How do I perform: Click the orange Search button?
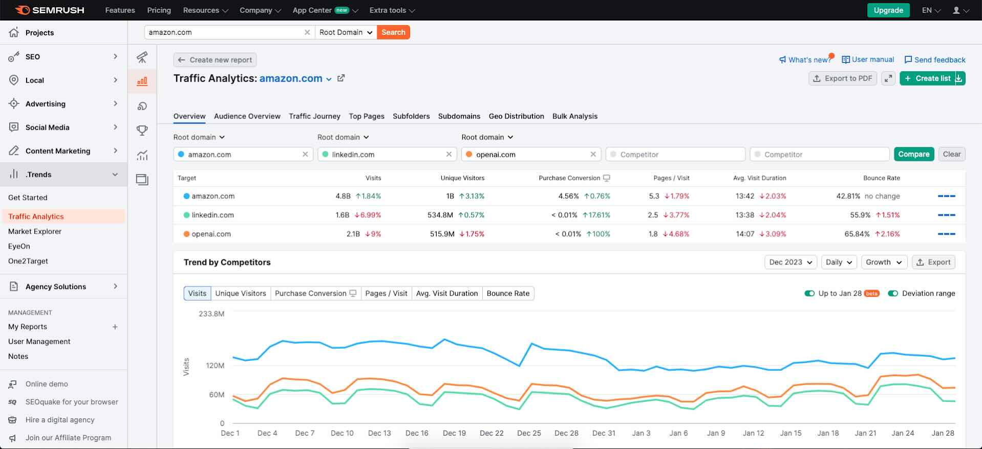pos(393,32)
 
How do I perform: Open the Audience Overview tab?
pos(247,116)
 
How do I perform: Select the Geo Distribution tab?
pos(516,116)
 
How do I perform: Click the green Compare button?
pos(913,154)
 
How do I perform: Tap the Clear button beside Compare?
pos(951,154)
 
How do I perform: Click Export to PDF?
pos(842,78)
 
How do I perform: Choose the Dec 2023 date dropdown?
pos(790,262)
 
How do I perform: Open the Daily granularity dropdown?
pos(838,262)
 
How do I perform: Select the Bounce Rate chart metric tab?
pos(507,294)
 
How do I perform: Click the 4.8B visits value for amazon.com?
pos(343,196)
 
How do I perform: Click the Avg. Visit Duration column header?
pos(759,178)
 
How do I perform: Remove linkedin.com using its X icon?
pos(449,154)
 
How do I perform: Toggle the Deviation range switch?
pos(893,294)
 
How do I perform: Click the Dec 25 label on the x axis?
pos(529,434)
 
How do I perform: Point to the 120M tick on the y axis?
pos(215,366)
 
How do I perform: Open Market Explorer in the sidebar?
pos(35,232)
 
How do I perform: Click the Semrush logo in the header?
pos(50,10)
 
